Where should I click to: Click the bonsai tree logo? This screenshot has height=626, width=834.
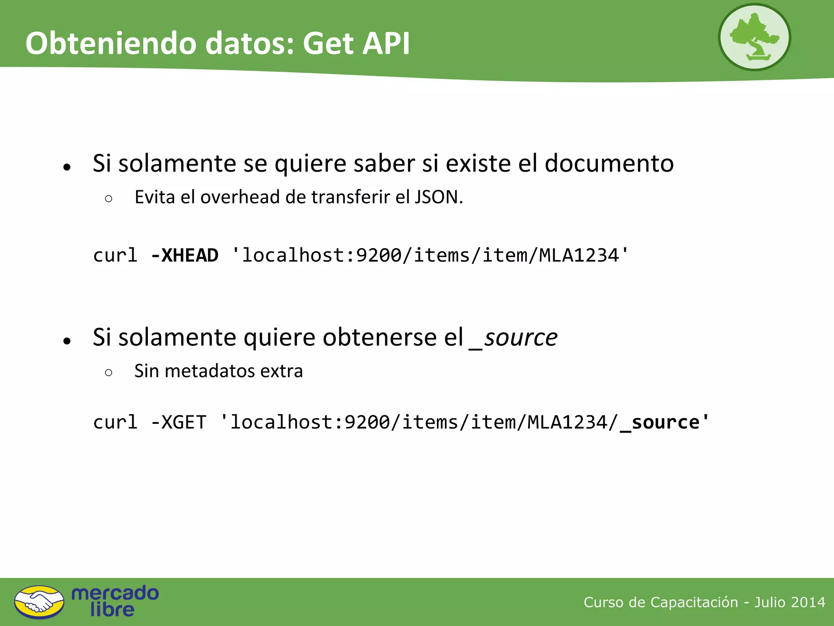(x=754, y=37)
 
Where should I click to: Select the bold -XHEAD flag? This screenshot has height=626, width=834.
(x=184, y=256)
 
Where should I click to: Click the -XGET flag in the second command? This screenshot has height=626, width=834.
(x=178, y=422)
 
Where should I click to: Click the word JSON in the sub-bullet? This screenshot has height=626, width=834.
(x=438, y=197)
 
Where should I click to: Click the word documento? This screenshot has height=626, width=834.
(x=609, y=163)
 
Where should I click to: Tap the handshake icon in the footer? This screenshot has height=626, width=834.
(x=39, y=602)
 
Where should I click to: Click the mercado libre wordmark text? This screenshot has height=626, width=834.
(x=115, y=601)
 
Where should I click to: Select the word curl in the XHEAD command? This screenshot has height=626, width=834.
(x=115, y=256)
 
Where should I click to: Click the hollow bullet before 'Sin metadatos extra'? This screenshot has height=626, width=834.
(x=108, y=372)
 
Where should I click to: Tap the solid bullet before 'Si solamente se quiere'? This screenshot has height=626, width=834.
(x=67, y=167)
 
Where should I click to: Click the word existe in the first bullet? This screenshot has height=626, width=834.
(x=478, y=163)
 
